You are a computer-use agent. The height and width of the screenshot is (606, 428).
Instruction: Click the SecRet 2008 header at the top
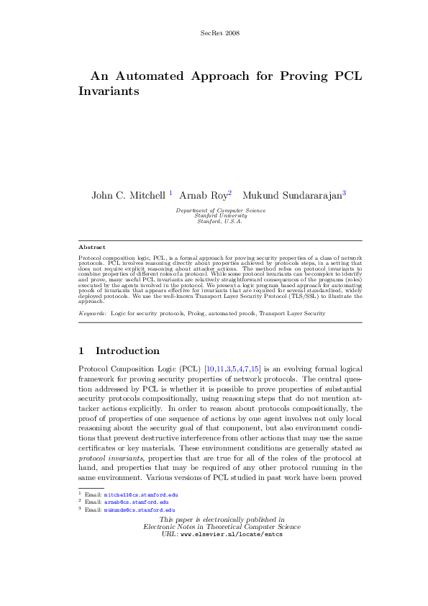pos(218,33)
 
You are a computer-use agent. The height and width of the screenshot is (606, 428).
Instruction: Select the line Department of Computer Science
pos(220,210)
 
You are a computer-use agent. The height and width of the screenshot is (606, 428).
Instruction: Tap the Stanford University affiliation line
pos(220,215)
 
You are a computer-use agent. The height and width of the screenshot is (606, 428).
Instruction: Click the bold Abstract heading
pos(91,247)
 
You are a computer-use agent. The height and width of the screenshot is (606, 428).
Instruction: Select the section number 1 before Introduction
pos(81,351)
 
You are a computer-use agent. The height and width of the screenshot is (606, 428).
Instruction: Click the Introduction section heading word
pos(127,351)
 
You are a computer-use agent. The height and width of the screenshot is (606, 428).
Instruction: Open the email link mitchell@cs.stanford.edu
pos(140,495)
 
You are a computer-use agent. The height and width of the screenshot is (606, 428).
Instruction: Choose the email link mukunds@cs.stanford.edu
pos(139,510)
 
